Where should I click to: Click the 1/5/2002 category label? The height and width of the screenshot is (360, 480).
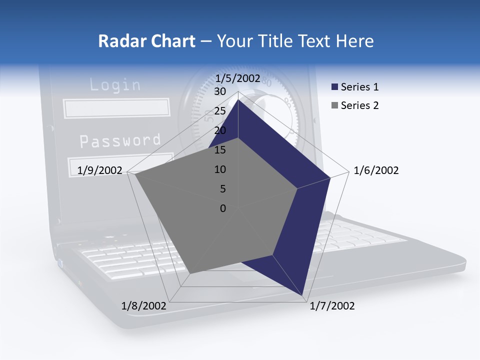(237, 78)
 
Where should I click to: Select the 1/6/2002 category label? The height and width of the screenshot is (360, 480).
(376, 170)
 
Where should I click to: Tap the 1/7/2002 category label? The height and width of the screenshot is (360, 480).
(332, 306)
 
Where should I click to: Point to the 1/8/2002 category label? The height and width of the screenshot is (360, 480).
(144, 306)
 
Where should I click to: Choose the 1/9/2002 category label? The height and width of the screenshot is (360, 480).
(100, 170)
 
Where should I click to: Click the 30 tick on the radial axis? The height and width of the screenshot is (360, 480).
(220, 91)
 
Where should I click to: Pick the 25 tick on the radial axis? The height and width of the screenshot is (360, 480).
(220, 111)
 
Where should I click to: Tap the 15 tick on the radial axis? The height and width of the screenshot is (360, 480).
(220, 150)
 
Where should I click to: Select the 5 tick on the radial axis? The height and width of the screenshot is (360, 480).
(222, 189)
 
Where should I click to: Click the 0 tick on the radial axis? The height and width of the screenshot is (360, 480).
(223, 208)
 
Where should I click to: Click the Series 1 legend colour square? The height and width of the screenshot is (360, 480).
(335, 87)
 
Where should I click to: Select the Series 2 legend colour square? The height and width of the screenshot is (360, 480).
(335, 105)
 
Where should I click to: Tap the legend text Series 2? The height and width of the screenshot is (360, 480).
(359, 105)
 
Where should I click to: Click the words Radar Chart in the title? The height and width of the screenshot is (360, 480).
(146, 41)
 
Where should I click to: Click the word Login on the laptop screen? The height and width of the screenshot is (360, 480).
(115, 84)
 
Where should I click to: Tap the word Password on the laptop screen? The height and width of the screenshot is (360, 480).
(120, 141)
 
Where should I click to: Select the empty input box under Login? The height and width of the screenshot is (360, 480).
(116, 108)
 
